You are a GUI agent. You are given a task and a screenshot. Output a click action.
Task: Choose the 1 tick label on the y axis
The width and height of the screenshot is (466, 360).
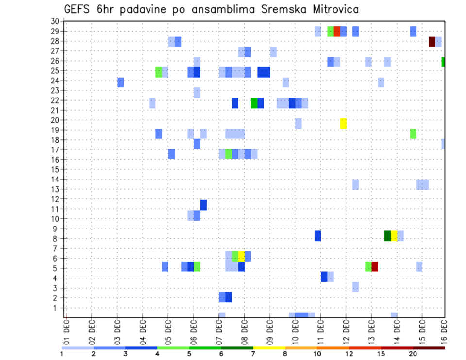click(x=57, y=308)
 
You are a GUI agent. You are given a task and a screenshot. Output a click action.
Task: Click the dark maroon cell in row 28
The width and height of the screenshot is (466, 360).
click(x=432, y=41)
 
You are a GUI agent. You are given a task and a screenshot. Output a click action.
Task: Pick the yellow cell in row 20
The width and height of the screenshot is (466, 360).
click(x=343, y=123)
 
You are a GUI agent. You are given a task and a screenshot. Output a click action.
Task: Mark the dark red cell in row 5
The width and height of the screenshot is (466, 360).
click(x=375, y=266)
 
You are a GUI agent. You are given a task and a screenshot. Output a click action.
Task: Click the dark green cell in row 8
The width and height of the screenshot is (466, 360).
click(x=387, y=236)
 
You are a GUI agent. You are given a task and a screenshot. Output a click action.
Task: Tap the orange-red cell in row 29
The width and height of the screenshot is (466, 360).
click(x=337, y=32)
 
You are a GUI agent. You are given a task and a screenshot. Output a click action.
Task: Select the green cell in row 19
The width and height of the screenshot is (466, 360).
click(x=413, y=133)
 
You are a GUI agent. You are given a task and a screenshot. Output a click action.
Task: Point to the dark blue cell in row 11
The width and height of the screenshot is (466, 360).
click(x=203, y=205)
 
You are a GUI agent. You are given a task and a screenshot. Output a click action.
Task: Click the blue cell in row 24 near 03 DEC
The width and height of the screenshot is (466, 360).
click(x=121, y=82)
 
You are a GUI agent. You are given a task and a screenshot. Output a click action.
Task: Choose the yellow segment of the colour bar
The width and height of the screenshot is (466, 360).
click(x=269, y=348)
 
